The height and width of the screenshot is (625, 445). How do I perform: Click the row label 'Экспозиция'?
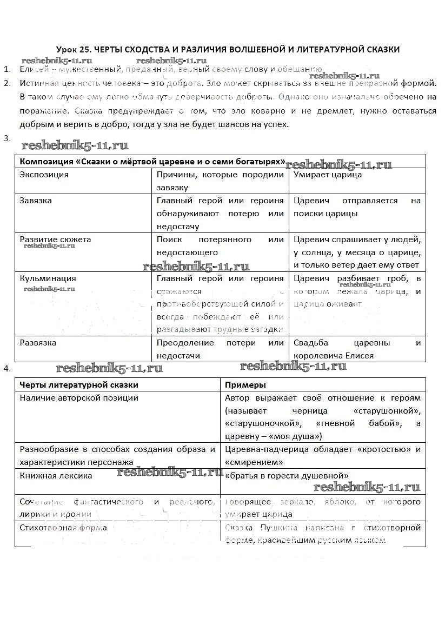(44, 175)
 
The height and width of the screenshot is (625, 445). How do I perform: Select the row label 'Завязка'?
(36, 201)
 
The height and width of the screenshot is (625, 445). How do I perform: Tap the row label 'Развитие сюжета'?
(55, 240)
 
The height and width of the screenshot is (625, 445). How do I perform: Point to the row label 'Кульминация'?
(48, 278)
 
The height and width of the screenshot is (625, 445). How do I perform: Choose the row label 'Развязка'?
(38, 343)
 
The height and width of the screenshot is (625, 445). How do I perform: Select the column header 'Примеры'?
(245, 385)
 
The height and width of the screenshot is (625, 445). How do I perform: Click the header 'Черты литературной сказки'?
(79, 385)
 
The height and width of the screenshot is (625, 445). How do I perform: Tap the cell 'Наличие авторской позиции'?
(79, 398)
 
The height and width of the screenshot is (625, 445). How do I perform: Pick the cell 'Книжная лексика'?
(56, 476)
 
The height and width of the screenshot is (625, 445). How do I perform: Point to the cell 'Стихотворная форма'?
(63, 528)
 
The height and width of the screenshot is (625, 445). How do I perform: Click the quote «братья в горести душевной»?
(287, 476)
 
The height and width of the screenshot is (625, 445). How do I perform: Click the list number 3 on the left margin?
(6, 138)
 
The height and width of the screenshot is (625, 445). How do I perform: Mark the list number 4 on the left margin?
(6, 369)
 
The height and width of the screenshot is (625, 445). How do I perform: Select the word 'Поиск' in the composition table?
(169, 240)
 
